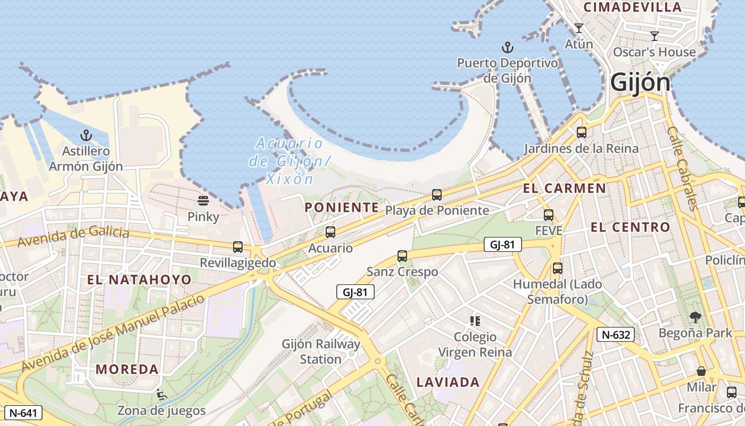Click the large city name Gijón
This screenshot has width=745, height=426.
coord(640,83)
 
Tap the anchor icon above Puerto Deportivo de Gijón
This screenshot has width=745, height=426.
coord(508,48)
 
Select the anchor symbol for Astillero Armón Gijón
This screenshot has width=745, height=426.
coord(86,136)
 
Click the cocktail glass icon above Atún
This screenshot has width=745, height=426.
coord(579,28)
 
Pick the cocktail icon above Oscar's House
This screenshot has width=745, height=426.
coord(655,36)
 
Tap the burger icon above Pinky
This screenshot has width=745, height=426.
coord(203,201)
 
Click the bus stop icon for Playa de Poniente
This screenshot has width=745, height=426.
coord(437,195)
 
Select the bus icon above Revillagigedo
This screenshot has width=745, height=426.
coord(238,247)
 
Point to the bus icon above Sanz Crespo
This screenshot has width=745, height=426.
coord(402,256)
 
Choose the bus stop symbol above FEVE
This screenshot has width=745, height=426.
coord(549,215)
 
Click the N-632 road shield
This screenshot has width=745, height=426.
coord(616,334)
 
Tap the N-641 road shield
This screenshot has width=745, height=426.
coord(23,412)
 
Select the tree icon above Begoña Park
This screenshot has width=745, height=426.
coord(695,318)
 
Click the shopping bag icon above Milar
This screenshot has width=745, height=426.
coord(701,371)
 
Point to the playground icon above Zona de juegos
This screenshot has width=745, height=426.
coord(161,395)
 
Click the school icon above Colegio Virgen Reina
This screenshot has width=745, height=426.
coord(475,321)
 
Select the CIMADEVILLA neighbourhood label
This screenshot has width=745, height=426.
coord(633,7)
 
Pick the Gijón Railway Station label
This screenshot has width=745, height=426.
coord(321,351)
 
